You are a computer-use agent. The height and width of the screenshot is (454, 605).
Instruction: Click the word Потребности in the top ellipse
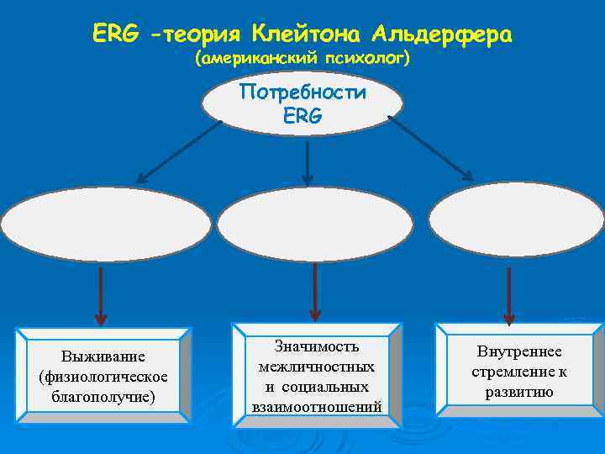302,92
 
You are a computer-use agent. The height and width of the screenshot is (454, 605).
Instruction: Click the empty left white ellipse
106,226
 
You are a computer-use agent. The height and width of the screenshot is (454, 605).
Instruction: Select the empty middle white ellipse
315,224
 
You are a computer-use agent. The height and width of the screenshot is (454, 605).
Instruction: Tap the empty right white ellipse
516,219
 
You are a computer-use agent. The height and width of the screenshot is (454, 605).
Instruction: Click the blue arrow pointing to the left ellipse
178,152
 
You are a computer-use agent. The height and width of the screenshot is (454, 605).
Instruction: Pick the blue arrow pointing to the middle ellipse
308,163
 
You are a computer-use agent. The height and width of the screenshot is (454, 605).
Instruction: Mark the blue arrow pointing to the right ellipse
430,148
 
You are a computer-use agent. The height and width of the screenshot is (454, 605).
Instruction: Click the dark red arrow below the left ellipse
101,296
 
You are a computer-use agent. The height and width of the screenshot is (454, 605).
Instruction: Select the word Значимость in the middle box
316,346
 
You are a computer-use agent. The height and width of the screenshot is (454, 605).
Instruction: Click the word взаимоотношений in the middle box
316,407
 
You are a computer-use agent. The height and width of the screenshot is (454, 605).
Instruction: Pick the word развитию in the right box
518,392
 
